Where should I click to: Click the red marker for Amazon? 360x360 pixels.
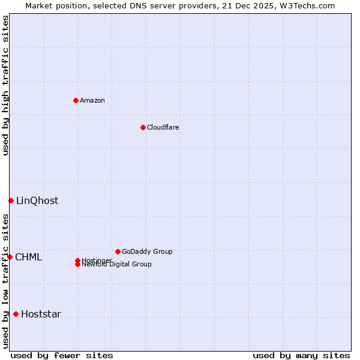(x=76, y=100)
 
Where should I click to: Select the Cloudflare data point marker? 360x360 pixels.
(x=143, y=127)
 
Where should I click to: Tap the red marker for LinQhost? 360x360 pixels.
(x=11, y=200)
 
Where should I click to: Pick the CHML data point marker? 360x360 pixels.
(x=10, y=257)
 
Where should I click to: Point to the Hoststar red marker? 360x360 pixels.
(x=16, y=314)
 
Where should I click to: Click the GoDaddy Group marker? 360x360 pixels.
(x=118, y=251)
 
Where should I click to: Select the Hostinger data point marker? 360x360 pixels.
(x=77, y=260)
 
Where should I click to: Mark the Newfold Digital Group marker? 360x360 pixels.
(x=77, y=265)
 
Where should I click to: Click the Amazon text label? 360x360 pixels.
(x=92, y=100)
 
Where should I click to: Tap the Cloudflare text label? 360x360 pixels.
(x=163, y=127)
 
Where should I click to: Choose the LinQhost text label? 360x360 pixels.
(x=37, y=200)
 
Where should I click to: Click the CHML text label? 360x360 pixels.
(x=29, y=257)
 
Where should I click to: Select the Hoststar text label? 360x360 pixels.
(x=41, y=314)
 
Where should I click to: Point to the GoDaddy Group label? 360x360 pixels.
(x=147, y=251)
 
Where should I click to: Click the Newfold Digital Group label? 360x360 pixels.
(x=117, y=265)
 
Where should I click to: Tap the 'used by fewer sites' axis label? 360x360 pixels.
(x=62, y=355)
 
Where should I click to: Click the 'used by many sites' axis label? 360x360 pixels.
(x=301, y=355)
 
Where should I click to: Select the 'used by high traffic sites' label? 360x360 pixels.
(x=5, y=85)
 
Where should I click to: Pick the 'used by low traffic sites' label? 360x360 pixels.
(x=5, y=281)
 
